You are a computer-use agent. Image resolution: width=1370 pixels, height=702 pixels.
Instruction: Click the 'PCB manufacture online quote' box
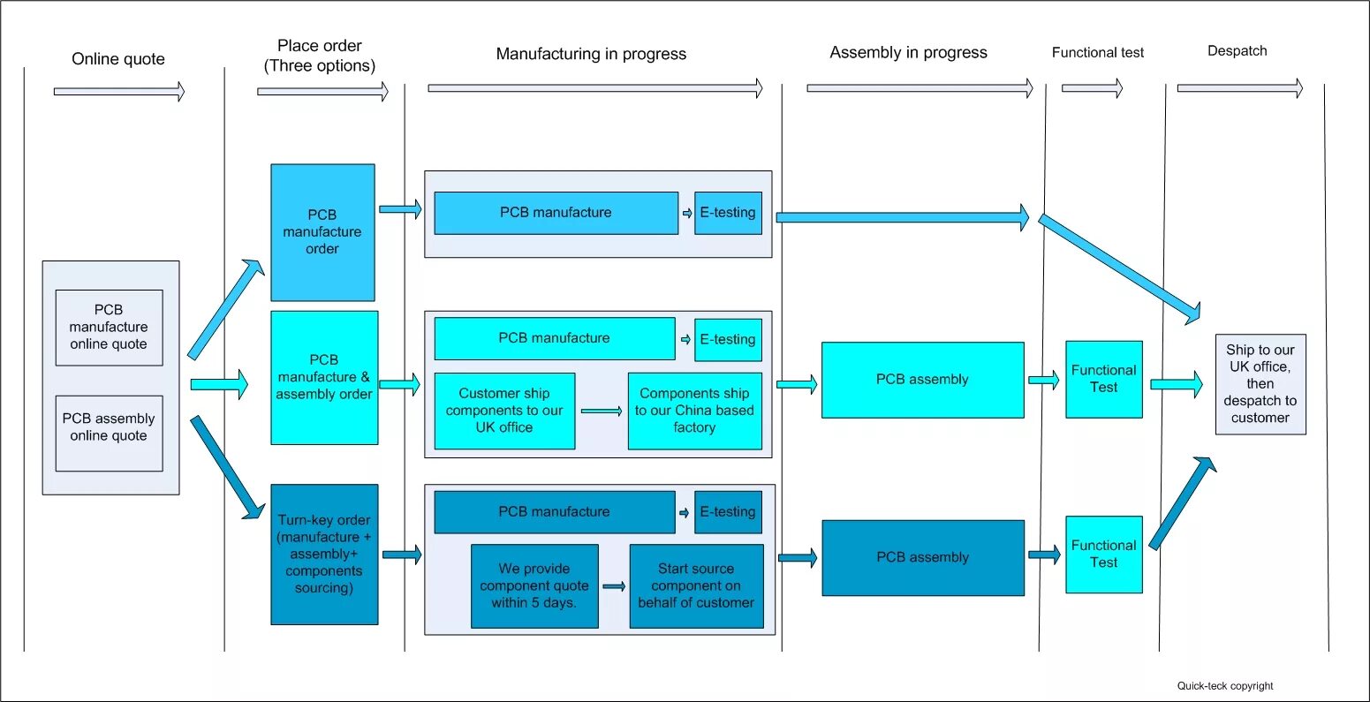109,327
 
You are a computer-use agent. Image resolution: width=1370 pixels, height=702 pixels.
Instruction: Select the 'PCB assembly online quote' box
109,433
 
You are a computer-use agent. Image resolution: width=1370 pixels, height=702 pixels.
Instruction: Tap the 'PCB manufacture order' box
322,232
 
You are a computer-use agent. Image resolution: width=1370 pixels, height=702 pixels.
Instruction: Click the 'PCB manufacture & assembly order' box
324,377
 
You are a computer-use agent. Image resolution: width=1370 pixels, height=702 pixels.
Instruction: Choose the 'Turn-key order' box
324,554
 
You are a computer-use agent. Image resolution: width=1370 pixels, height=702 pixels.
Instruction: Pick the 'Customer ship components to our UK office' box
504,411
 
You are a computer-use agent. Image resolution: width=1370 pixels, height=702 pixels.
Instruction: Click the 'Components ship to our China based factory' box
694,411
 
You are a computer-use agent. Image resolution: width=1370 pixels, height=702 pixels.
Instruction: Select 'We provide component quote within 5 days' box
534,585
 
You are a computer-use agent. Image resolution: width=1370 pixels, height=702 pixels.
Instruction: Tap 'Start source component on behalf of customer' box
696,585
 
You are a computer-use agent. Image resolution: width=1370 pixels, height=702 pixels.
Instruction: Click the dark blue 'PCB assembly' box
923,557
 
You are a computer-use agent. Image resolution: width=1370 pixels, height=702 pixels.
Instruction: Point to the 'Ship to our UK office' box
1260,384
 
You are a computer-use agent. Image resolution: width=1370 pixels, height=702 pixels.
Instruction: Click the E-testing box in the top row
728,213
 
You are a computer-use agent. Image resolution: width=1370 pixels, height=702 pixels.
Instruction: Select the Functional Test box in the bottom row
1104,554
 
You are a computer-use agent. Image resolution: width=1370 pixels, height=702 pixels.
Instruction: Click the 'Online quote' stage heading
118,59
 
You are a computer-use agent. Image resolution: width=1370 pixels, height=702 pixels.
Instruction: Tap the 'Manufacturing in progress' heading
591,54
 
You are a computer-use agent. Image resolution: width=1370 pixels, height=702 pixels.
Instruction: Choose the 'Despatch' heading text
1237,51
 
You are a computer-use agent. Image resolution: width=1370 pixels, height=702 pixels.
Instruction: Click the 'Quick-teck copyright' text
1225,686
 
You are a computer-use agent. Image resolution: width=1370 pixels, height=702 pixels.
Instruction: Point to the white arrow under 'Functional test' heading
1092,88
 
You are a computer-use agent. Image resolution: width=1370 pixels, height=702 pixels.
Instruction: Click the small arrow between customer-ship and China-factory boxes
602,411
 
